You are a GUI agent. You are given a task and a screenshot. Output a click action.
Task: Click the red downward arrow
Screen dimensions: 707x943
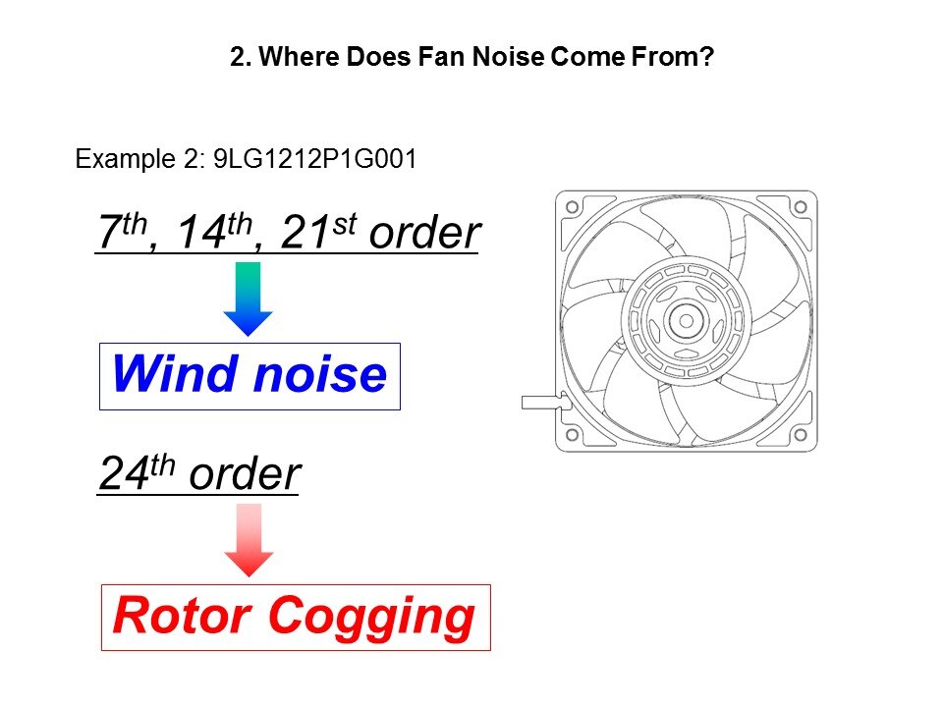tap(249, 540)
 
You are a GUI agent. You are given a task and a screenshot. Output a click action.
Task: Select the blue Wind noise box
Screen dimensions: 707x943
tap(250, 376)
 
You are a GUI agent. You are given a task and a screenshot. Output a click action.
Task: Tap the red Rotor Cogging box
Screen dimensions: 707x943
tap(295, 617)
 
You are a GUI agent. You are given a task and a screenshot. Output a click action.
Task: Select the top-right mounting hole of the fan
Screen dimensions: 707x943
tap(800, 207)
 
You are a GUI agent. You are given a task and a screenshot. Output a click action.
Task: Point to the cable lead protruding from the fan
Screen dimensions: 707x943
tap(538, 401)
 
